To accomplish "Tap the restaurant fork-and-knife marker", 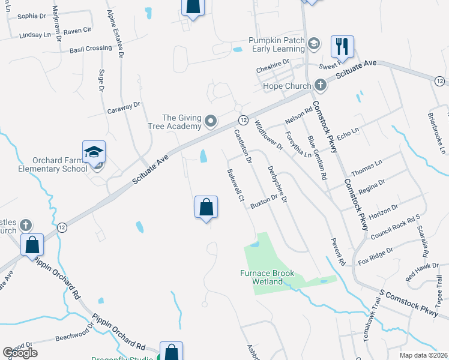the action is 342,45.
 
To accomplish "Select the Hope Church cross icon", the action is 321,85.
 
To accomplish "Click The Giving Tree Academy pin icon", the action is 210,122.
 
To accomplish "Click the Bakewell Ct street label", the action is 234,185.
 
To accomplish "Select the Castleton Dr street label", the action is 243,147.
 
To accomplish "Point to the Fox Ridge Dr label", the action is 376,256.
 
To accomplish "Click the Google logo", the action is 20,353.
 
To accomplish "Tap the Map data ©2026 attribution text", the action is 423,355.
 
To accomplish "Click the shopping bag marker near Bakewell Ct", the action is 206,208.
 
